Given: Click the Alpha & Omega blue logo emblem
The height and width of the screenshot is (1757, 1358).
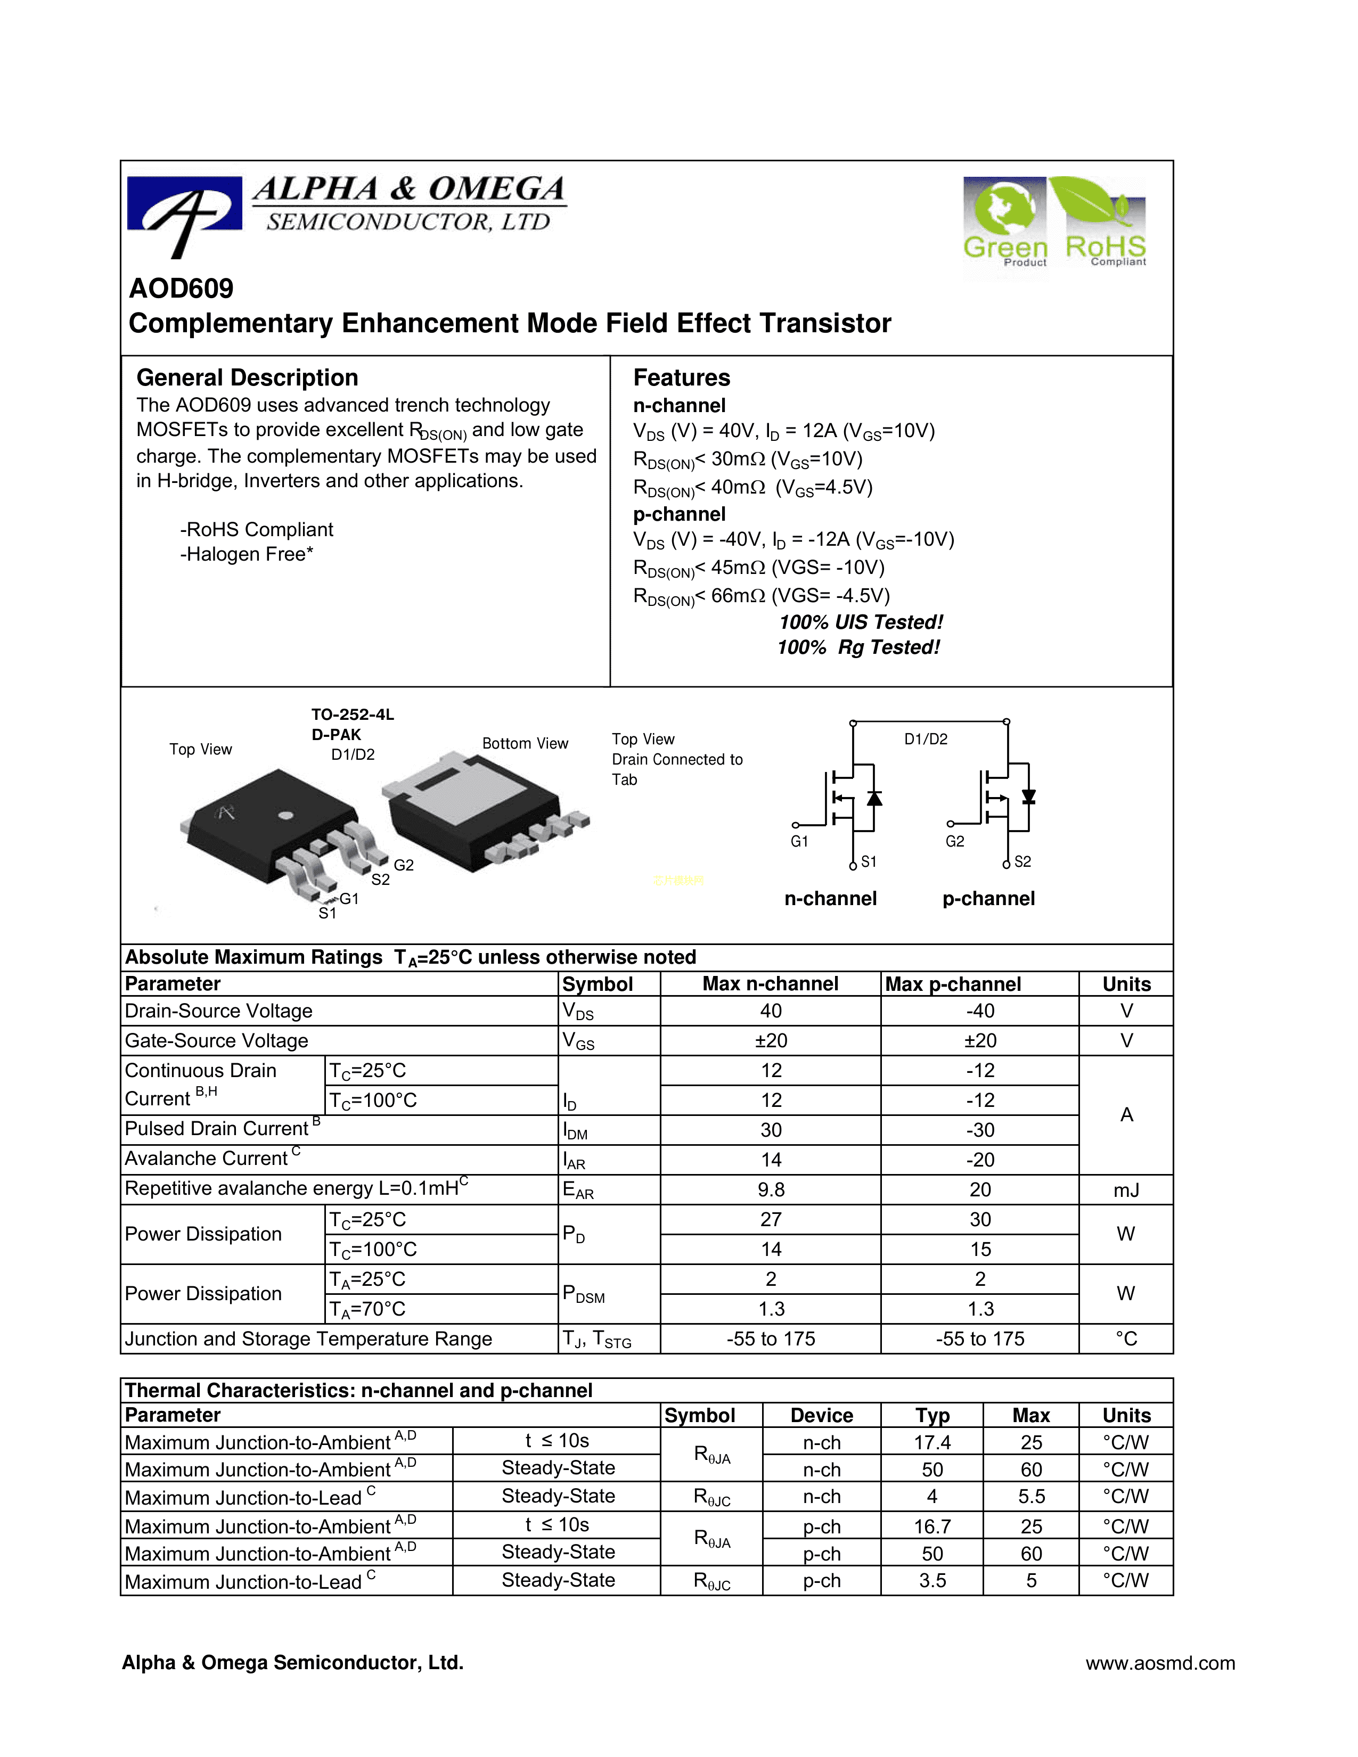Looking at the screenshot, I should pos(184,211).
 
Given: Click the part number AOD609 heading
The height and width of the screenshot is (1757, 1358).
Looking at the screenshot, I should pos(181,288).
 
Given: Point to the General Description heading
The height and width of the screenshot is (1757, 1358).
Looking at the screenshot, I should pos(247,377).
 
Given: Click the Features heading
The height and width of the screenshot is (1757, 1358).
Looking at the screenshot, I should pos(682,377).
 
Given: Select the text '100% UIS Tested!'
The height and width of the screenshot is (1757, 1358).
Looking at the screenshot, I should pos(860,622).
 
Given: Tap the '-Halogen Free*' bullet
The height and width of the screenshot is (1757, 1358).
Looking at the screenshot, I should pos(246,554).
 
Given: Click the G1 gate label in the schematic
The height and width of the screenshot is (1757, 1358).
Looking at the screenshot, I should pos(799,841).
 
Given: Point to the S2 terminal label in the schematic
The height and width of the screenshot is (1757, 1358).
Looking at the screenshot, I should pos(1022,861).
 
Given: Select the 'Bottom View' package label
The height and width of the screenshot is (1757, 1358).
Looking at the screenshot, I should pos(525,743).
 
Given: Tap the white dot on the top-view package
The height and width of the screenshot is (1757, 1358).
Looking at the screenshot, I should pos(285,816).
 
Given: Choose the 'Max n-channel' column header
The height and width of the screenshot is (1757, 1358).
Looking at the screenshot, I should pos(770,984).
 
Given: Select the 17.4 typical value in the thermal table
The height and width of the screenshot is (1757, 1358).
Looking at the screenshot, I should pos(931,1442).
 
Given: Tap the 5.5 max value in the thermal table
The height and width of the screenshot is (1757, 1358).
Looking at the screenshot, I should pos(1030,1496).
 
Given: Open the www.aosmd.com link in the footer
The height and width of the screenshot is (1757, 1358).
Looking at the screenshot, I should pos(1159,1663).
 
